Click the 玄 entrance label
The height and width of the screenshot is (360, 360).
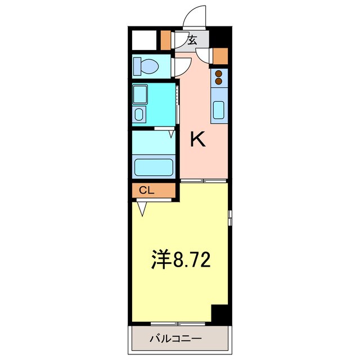[x=192, y=40]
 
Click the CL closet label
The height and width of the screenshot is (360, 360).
[x=146, y=191]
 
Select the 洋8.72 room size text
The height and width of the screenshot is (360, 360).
[x=181, y=260]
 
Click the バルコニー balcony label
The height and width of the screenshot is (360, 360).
[x=175, y=339]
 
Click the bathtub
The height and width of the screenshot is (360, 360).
[x=153, y=166]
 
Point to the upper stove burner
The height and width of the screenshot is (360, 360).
[x=219, y=73]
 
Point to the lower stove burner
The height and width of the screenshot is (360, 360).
[x=219, y=82]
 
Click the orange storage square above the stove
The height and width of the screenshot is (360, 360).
[x=221, y=56]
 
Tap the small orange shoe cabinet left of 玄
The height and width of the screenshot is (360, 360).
[x=165, y=39]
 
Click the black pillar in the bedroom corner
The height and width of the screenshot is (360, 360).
[x=220, y=314]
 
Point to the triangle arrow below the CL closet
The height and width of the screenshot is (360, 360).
[x=142, y=209]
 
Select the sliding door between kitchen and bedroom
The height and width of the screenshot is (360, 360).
[x=204, y=181]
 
